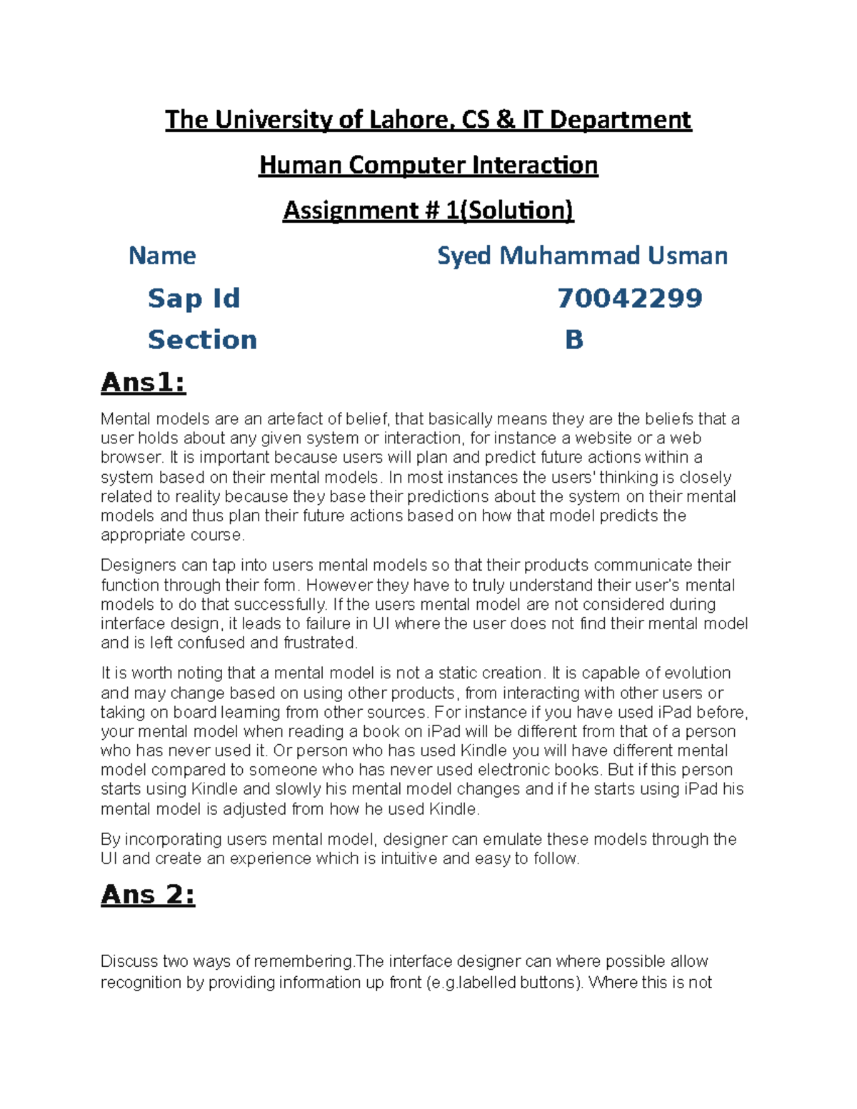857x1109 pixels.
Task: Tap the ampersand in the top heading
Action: [x=505, y=119]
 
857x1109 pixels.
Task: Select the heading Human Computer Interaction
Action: [x=428, y=165]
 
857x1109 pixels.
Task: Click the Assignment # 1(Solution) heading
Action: [x=428, y=211]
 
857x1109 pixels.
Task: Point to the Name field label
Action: [x=162, y=256]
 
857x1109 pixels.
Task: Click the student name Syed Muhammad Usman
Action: [x=582, y=256]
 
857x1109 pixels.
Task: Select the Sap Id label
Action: [x=194, y=298]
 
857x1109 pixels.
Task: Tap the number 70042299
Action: [x=630, y=298]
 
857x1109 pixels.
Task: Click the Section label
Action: [x=202, y=339]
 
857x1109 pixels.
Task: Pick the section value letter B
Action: [x=574, y=339]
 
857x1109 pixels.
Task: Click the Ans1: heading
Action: [x=144, y=383]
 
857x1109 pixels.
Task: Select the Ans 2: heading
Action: [x=148, y=894]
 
